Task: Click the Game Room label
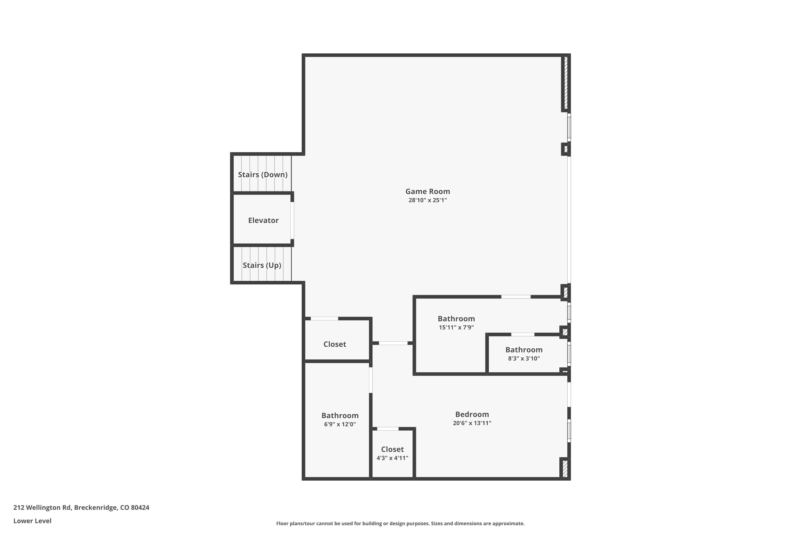[x=427, y=191]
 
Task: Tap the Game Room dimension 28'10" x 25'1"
[x=427, y=200]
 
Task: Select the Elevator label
[x=263, y=220]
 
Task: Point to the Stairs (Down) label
[x=262, y=175]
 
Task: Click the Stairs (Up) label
[x=262, y=265]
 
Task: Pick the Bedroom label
[x=472, y=414]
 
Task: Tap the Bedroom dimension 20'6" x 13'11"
[x=472, y=423]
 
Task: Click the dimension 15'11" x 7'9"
[x=456, y=327]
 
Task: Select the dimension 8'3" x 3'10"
[x=524, y=358]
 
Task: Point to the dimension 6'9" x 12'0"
[x=340, y=424]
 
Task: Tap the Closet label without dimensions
[x=335, y=344]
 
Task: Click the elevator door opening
[x=292, y=220]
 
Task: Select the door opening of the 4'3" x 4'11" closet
[x=388, y=429]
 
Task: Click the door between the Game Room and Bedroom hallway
[x=393, y=343]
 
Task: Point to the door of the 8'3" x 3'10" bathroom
[x=523, y=335]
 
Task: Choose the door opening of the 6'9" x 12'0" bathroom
[x=371, y=380]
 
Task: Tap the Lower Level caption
[x=32, y=521]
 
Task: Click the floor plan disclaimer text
[x=400, y=523]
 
